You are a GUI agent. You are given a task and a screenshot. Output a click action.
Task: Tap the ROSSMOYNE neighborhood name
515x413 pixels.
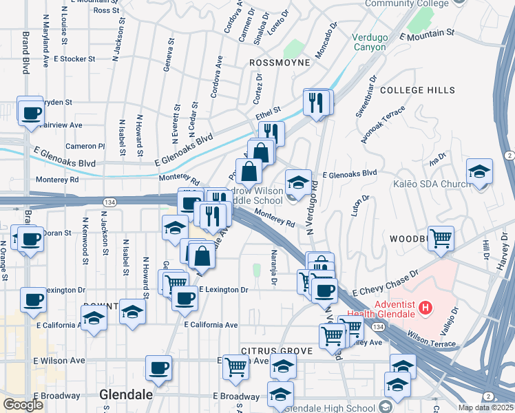point(277,62)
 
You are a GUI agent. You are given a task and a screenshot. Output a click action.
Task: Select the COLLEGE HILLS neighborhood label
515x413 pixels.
point(417,90)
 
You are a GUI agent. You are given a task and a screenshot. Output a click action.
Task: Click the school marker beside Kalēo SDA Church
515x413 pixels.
point(479,173)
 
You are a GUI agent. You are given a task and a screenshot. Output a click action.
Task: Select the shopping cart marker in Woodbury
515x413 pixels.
point(441,238)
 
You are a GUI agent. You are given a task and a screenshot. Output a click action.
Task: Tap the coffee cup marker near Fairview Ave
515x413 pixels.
point(30,111)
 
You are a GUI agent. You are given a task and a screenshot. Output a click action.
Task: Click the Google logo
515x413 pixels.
point(23,405)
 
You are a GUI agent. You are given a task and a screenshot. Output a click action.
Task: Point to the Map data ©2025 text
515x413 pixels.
point(485,407)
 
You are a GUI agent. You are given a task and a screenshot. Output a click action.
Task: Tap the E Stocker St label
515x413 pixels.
point(77,59)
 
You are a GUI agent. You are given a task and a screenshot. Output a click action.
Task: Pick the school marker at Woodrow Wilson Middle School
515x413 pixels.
point(298,182)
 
